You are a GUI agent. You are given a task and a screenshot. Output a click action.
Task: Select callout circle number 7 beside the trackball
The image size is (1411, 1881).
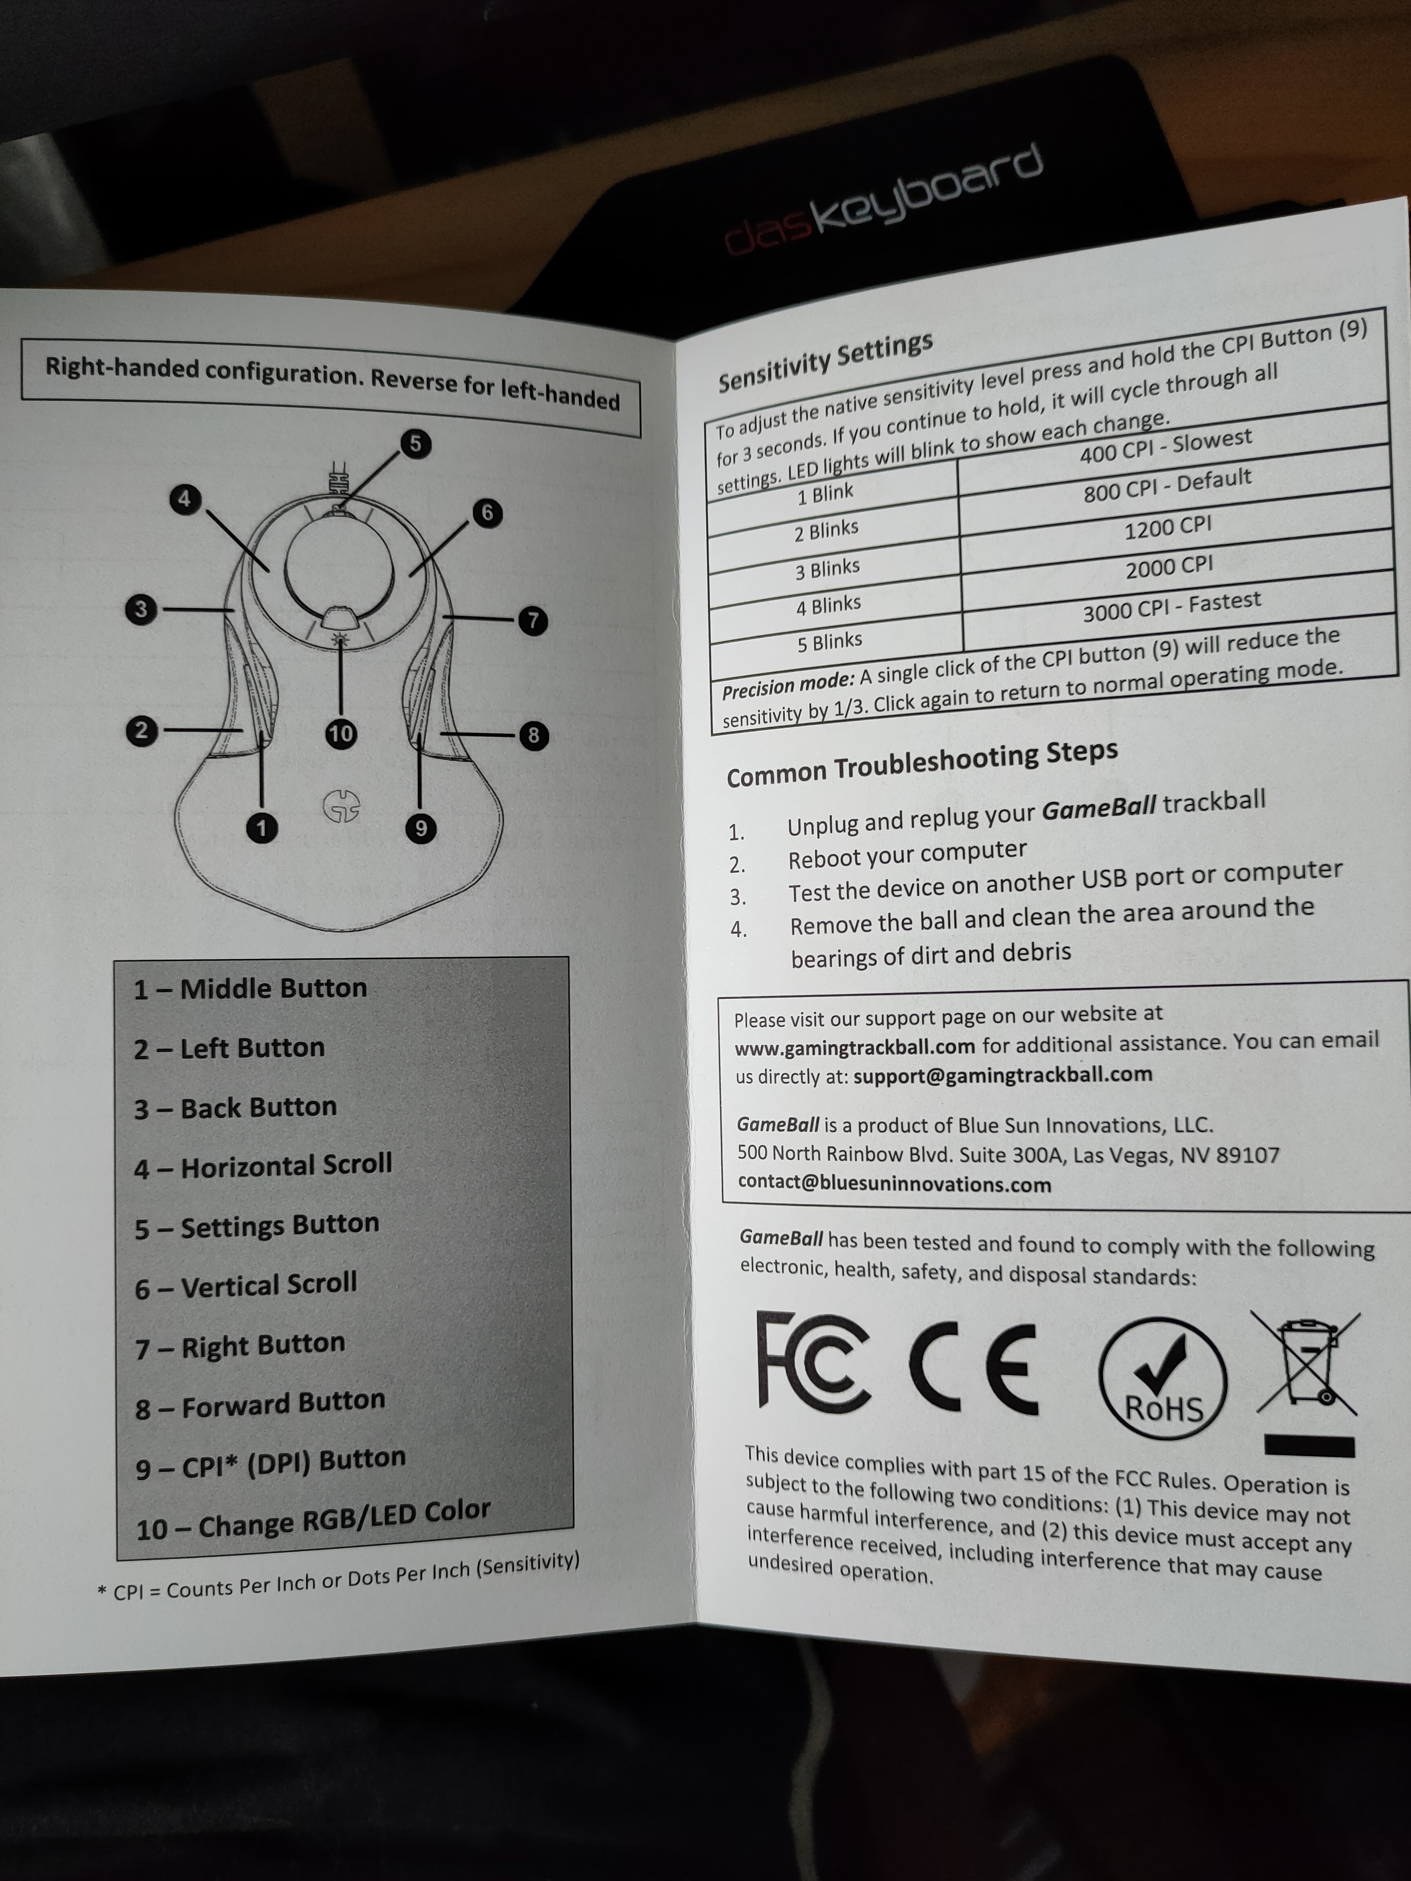(x=533, y=620)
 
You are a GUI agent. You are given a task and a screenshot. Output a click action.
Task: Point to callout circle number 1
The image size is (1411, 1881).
(x=262, y=827)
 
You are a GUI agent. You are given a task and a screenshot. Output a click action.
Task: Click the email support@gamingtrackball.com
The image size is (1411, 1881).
(x=1003, y=1075)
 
